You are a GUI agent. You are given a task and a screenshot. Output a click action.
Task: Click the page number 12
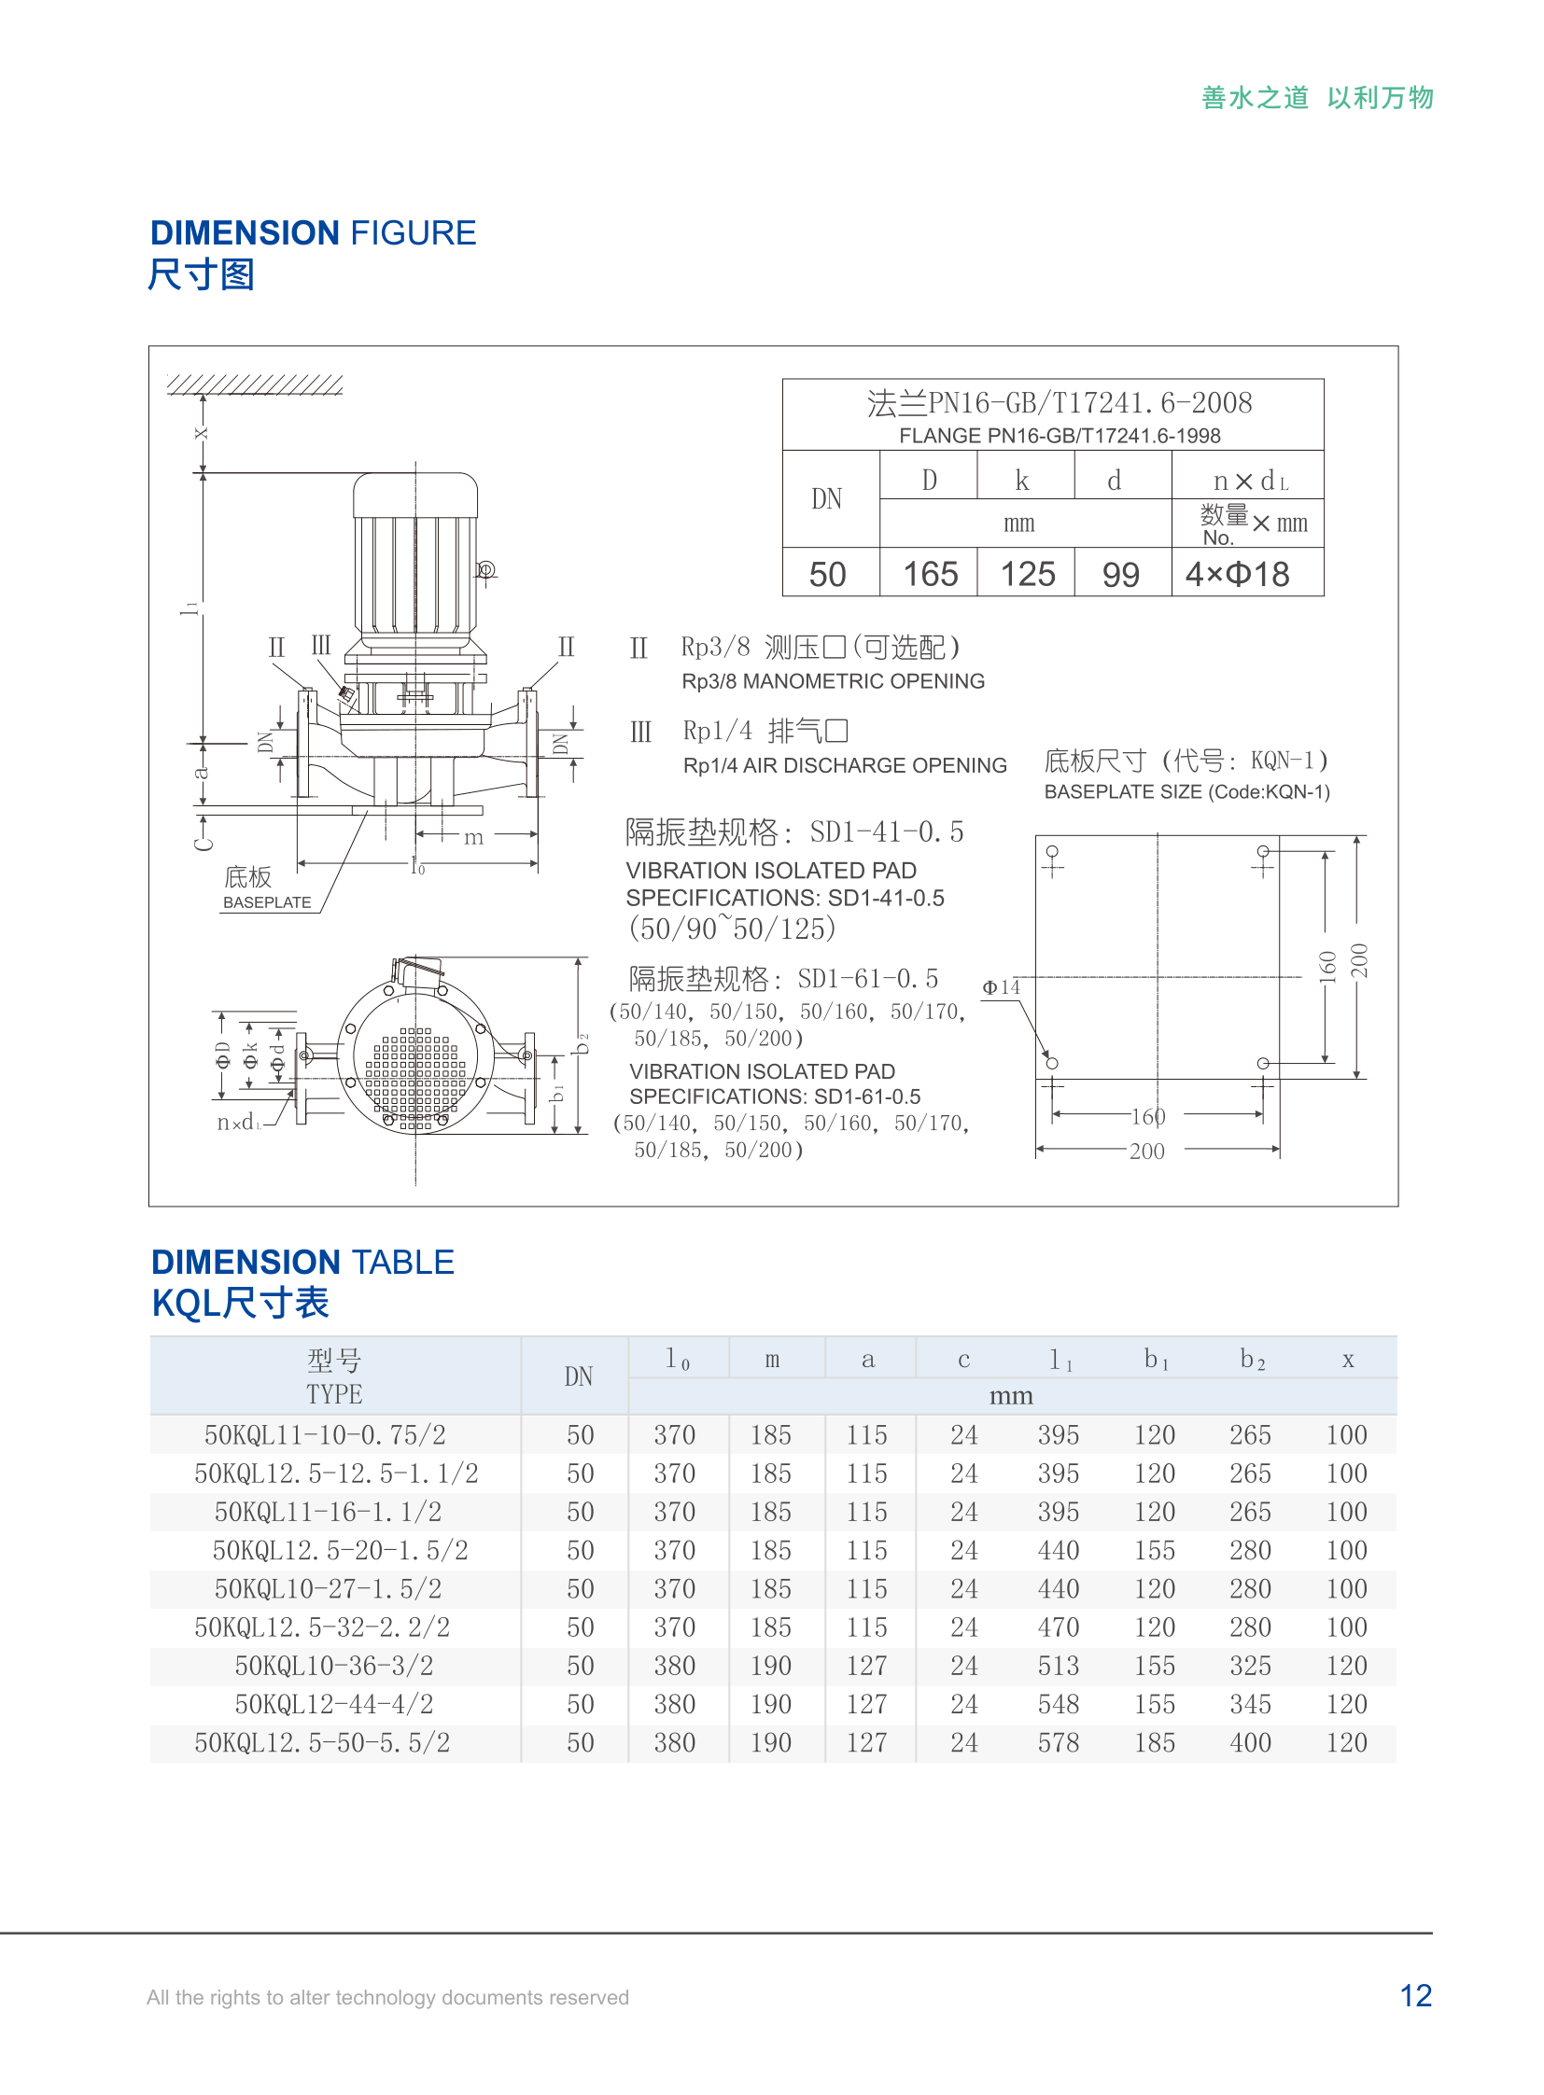[x=1415, y=1995]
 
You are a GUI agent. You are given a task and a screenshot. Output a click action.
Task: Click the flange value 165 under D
[x=930, y=574]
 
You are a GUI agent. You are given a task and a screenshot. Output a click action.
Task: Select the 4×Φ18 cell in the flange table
[x=1238, y=574]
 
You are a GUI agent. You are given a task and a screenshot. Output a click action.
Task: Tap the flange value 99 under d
[x=1120, y=574]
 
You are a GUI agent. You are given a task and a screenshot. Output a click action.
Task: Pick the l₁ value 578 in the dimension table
[x=1058, y=1742]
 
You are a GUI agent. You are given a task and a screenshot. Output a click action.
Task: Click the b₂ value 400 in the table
[x=1250, y=1742]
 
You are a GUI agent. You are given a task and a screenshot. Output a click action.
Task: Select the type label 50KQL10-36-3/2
[x=333, y=1665]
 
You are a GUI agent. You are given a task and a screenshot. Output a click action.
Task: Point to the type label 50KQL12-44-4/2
[x=333, y=1703]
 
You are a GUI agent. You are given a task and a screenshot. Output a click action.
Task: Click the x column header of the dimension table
[x=1348, y=1360]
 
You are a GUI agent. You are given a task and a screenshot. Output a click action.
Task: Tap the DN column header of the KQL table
[x=579, y=1376]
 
